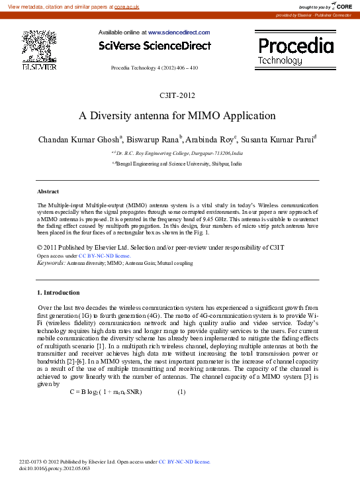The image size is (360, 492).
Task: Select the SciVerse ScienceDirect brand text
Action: coord(154,46)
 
